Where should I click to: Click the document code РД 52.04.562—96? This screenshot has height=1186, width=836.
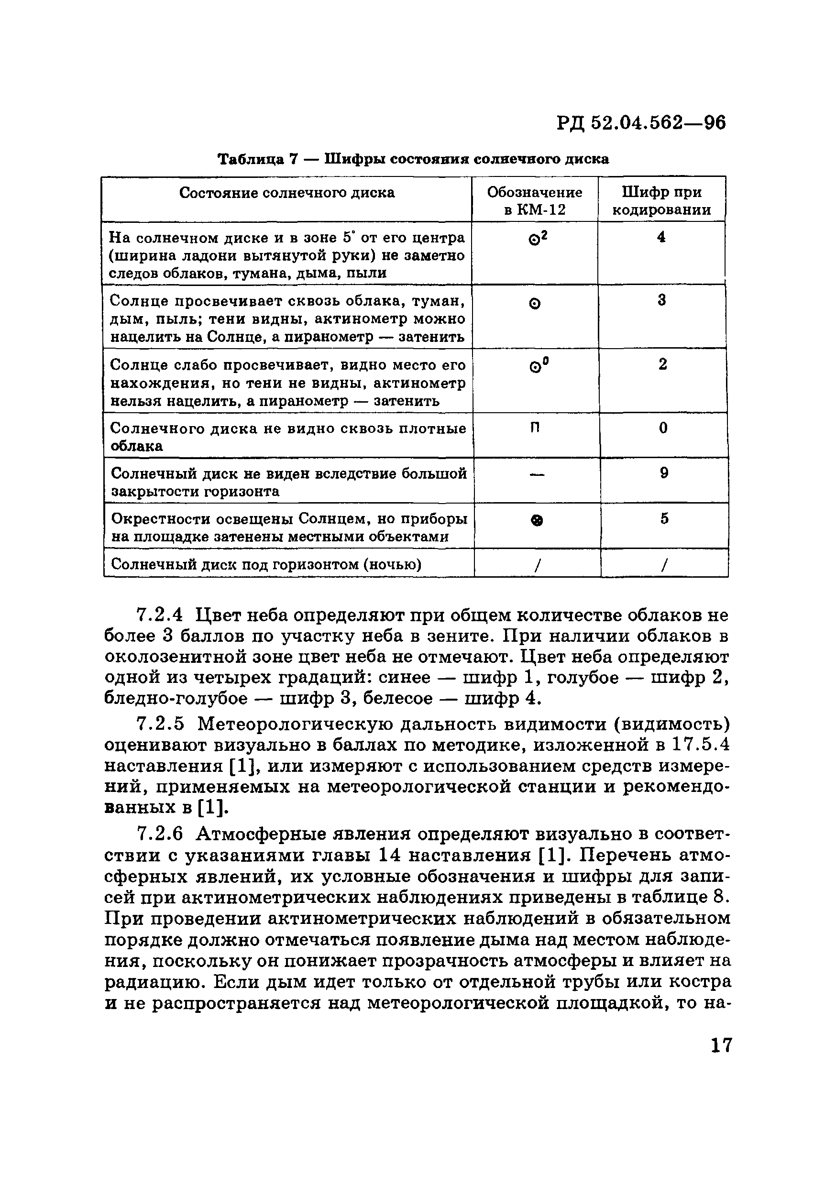tap(641, 123)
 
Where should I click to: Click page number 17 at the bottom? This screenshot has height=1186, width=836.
tap(721, 1045)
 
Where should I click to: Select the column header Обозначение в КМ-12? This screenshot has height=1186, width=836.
tap(534, 200)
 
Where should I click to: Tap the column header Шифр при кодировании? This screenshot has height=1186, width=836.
tap(661, 200)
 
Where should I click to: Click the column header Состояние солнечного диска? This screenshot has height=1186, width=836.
tap(287, 193)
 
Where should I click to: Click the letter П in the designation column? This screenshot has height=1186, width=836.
tap(536, 428)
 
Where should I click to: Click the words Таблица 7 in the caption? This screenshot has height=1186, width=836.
tap(257, 159)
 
